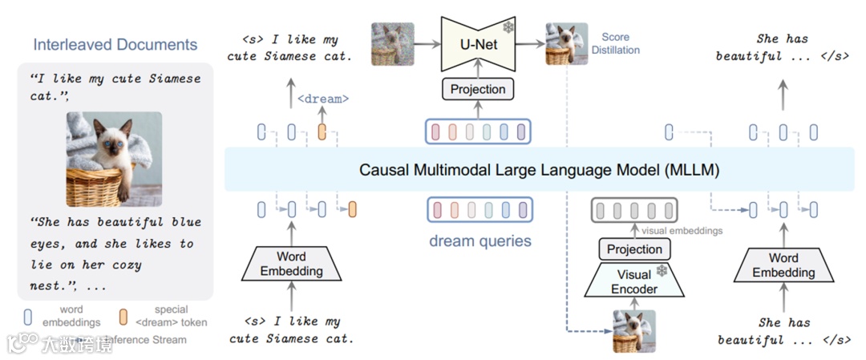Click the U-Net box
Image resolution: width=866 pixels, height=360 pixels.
[x=478, y=43]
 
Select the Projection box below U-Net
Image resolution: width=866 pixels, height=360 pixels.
[x=478, y=90]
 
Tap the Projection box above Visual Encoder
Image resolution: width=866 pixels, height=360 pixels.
[x=634, y=249]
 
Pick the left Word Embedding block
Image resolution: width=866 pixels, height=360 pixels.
[x=291, y=265]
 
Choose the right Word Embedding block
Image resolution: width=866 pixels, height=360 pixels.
[x=783, y=265]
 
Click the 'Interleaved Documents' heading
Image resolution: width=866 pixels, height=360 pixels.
[x=115, y=44]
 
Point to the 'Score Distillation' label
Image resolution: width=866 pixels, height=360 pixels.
[x=615, y=43]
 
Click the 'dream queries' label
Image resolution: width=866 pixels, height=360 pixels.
[x=480, y=241]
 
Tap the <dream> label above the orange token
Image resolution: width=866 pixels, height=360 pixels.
[x=323, y=99]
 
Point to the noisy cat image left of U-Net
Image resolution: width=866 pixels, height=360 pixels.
[x=393, y=44]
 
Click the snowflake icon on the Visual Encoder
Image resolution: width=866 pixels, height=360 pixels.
[x=662, y=271]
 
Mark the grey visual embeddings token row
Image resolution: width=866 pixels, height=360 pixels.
[x=632, y=211]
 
